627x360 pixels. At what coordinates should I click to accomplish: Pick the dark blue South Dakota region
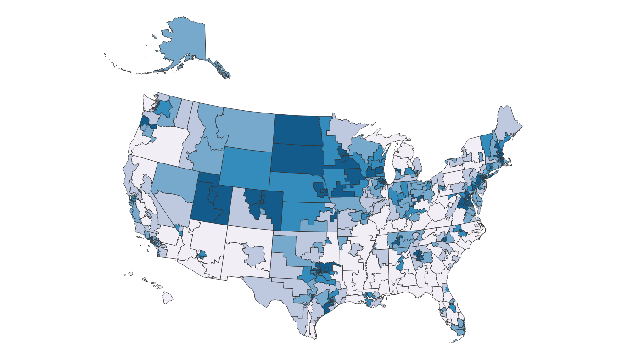(296, 158)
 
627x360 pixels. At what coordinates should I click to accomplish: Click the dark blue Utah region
(209, 202)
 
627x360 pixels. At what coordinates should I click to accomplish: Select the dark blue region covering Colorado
(271, 207)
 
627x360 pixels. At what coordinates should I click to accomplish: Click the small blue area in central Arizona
(202, 253)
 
